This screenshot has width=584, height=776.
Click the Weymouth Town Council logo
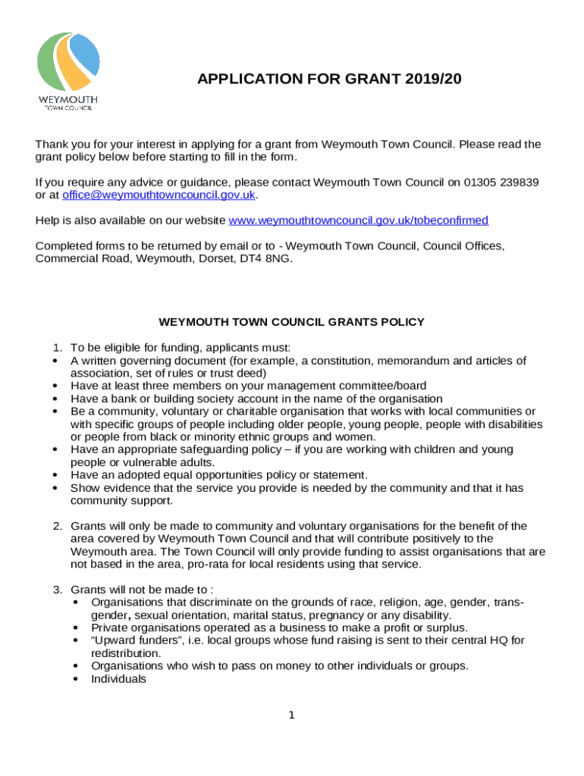pos(68,70)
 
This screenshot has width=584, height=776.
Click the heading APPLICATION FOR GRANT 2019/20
pos(329,80)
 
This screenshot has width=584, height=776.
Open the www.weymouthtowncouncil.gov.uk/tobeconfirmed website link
pos(358,221)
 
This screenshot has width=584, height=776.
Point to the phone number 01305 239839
pos(501,183)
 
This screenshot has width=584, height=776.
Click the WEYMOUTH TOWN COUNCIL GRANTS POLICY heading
pos(291,322)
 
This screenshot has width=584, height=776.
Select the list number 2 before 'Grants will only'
pos(57,526)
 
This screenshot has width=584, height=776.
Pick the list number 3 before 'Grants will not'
pos(57,589)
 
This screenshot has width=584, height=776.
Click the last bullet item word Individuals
pos(118,679)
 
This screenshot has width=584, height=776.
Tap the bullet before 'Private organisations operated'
pos(78,627)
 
